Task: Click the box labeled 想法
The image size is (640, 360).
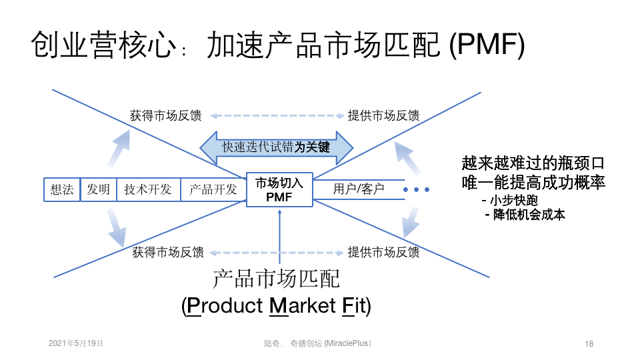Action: coord(62,189)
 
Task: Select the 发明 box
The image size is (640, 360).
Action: coord(98,189)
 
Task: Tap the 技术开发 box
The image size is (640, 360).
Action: coord(147,189)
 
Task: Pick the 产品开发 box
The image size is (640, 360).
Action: coord(213,189)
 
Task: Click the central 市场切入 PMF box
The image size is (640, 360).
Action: coord(279,189)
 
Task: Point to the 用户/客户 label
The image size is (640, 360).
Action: coord(359,189)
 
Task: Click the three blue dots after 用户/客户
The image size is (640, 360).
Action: coord(417,190)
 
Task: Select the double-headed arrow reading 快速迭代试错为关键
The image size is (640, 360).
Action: coord(276,147)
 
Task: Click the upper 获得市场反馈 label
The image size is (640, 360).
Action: coord(165,115)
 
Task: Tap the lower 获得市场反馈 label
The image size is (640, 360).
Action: coord(168,252)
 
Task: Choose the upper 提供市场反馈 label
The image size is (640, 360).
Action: coord(383,115)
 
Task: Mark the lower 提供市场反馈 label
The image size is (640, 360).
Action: coord(383,252)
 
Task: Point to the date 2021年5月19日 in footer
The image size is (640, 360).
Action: coord(76,343)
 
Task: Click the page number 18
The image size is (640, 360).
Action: coord(589,343)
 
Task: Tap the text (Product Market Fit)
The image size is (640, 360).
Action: coord(276,306)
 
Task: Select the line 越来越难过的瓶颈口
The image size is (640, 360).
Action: coord(533,163)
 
